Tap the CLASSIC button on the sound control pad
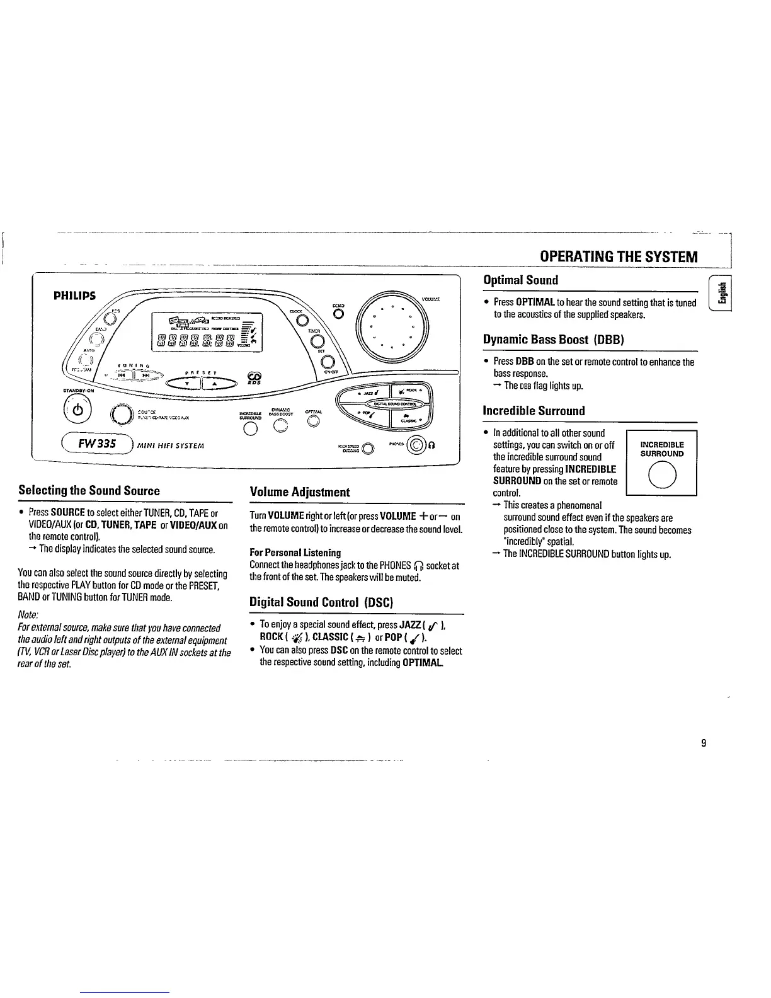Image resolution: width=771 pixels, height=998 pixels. [x=412, y=418]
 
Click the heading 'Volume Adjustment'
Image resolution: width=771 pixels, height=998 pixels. [x=300, y=492]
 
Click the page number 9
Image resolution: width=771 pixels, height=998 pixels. [x=703, y=743]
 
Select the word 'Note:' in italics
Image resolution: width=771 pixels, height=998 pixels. [x=29, y=614]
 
